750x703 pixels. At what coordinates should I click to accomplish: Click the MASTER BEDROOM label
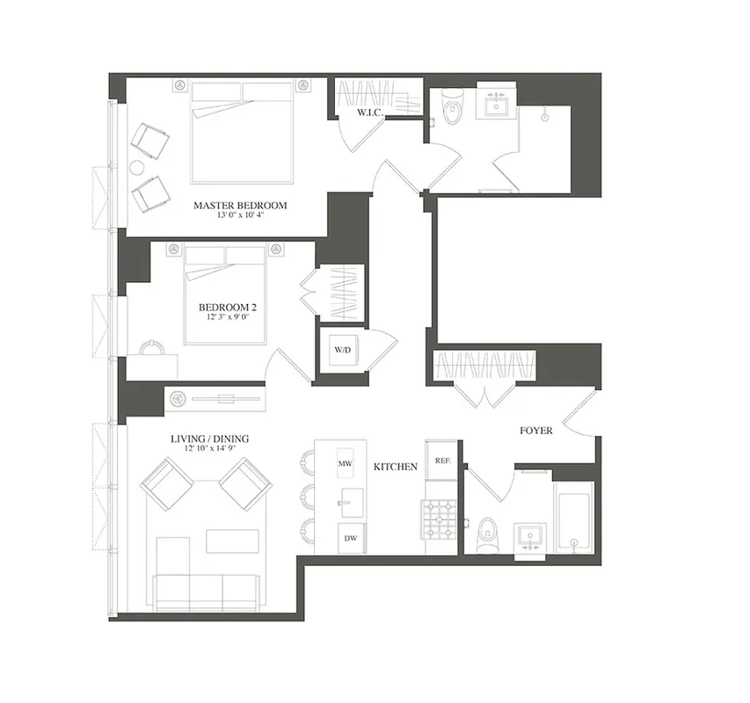(x=240, y=206)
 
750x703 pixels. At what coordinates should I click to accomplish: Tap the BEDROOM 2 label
(x=227, y=307)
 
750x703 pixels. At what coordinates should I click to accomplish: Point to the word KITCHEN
(x=395, y=467)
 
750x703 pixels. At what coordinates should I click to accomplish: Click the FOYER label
(x=535, y=431)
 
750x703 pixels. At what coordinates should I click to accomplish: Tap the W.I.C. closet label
(x=368, y=114)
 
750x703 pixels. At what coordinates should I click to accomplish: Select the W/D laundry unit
(x=342, y=350)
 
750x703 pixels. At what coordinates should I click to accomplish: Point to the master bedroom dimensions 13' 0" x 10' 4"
(x=240, y=217)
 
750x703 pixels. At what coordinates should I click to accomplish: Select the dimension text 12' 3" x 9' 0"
(x=227, y=318)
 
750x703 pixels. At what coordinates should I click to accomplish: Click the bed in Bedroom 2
(x=225, y=294)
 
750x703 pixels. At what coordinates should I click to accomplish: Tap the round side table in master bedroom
(x=137, y=167)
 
